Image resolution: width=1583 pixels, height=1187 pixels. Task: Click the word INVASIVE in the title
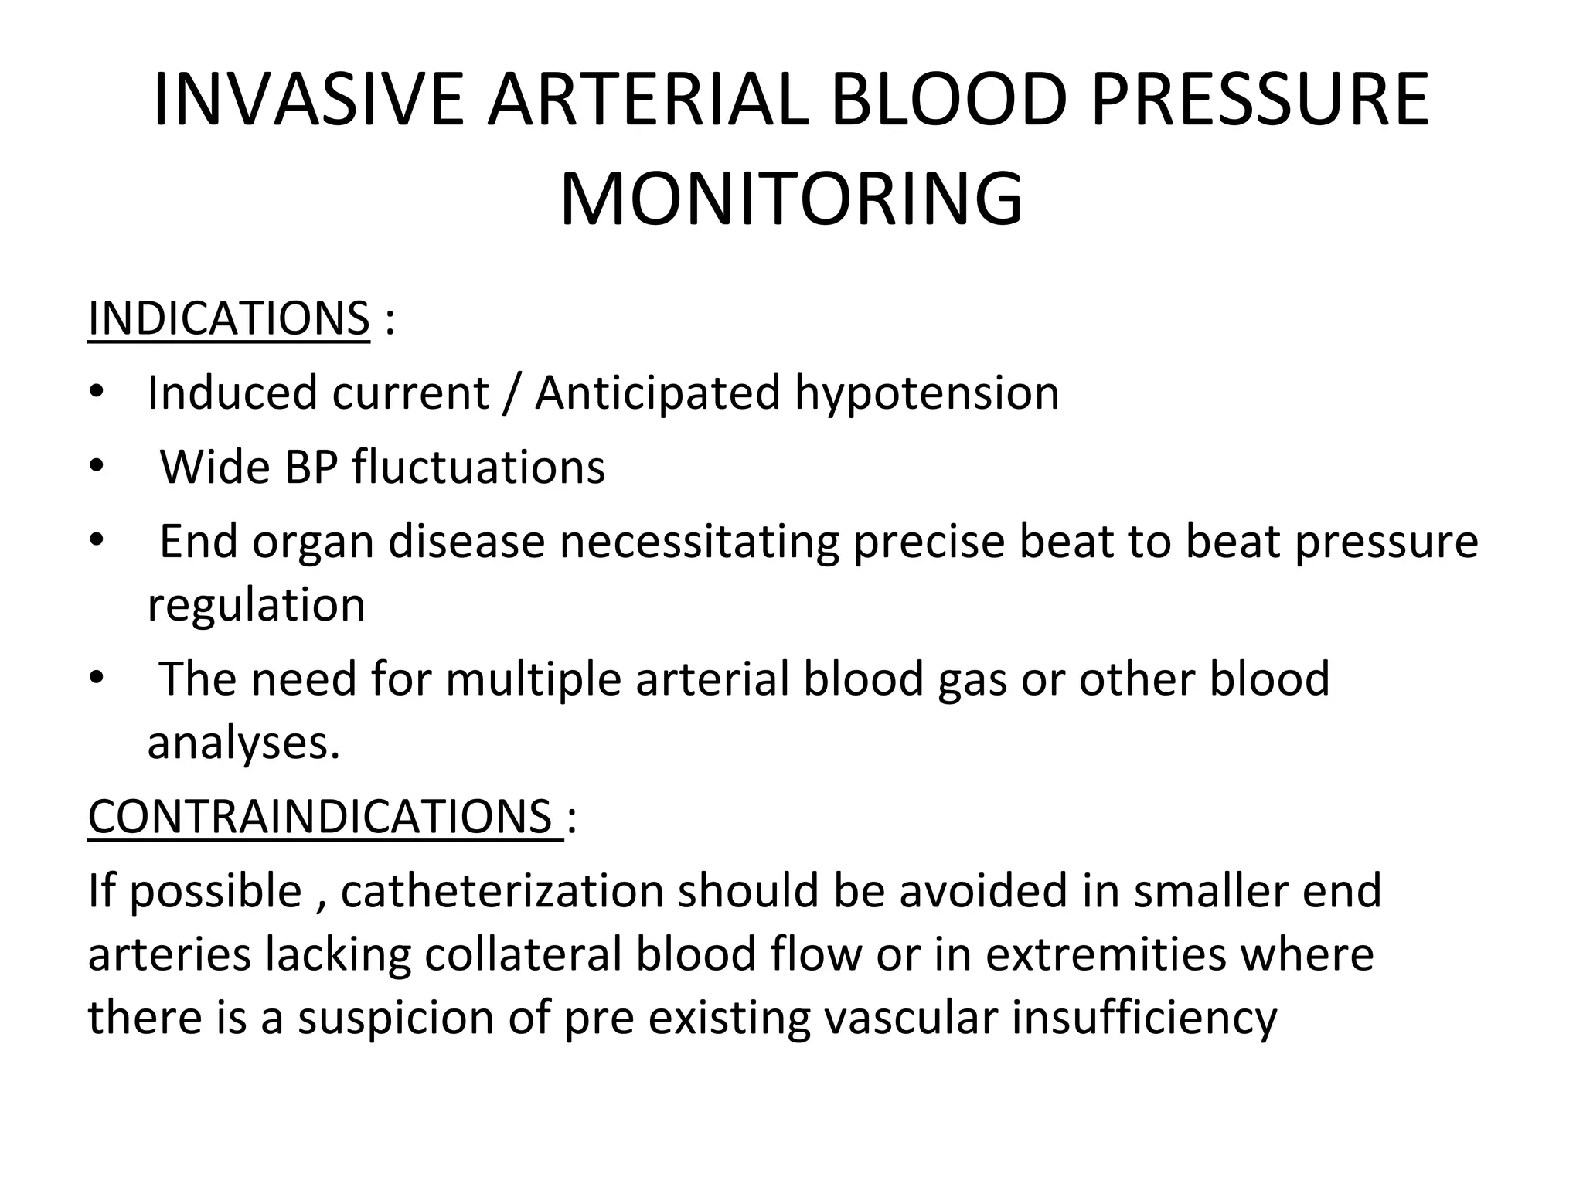point(308,100)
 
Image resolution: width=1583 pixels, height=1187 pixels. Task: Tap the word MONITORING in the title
point(791,199)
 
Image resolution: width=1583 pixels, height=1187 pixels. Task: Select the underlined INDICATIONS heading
point(229,318)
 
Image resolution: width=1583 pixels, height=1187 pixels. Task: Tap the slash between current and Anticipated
point(509,393)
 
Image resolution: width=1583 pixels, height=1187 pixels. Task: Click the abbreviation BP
point(311,468)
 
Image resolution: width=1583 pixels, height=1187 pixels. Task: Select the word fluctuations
point(478,468)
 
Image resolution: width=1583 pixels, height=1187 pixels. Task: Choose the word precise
point(928,542)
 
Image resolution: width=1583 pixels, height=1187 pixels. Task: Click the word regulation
point(256,605)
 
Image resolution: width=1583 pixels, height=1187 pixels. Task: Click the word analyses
point(243,743)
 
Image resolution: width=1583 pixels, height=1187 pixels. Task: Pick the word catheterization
point(502,890)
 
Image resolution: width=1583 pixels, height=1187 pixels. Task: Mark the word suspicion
point(396,1018)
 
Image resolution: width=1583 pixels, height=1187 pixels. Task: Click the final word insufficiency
point(1144,1018)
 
